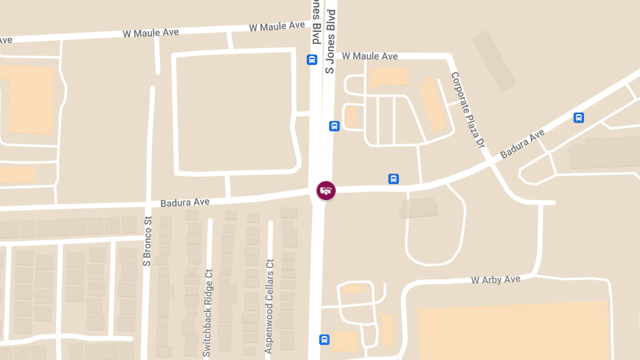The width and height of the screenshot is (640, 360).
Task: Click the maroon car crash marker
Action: coord(326,190)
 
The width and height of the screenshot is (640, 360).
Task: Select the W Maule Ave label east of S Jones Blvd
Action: coord(370,56)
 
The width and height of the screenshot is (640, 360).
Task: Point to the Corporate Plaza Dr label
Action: coord(467,110)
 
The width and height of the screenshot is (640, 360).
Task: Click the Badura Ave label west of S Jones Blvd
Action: coord(185,202)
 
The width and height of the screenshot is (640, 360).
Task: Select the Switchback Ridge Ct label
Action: coord(207,312)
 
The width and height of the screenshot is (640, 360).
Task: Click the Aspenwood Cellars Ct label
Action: coord(269,306)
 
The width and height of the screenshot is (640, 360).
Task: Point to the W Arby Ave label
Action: coord(495,279)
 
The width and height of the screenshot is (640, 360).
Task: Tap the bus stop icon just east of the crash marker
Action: coord(394,179)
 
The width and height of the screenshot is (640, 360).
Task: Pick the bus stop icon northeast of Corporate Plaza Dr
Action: coord(579,118)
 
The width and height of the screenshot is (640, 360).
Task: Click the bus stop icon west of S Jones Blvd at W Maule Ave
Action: coord(312,60)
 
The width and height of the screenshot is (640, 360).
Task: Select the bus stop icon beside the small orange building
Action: coord(334,126)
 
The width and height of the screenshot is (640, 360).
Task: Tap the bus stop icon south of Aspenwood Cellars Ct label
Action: coord(324,339)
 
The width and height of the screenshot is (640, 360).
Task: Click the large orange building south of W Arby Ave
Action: coord(512,331)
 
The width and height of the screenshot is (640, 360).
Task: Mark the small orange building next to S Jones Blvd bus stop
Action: coord(350,116)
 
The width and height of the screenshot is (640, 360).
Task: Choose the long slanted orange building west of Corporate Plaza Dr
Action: coord(433,105)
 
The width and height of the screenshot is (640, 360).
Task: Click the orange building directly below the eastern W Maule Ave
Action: coord(389,77)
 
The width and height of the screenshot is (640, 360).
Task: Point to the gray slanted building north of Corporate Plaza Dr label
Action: coord(494,60)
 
